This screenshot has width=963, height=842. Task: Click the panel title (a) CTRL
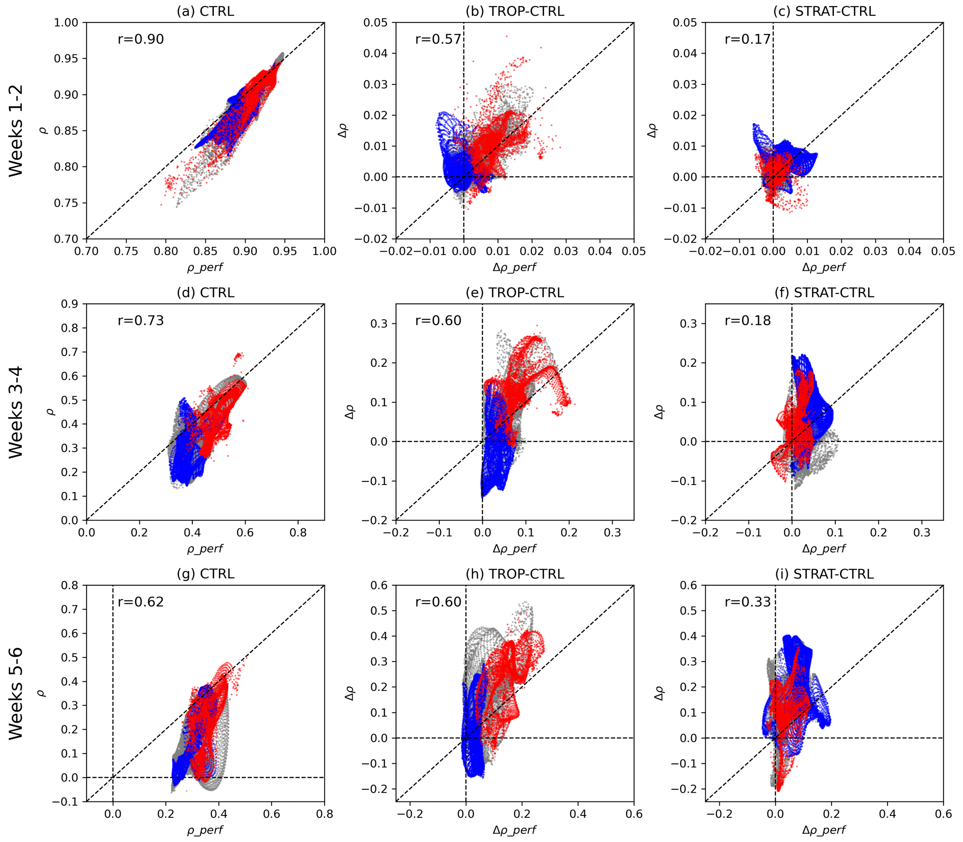205,11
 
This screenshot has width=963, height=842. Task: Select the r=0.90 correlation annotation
140,39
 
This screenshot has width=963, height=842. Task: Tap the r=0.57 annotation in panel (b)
438,39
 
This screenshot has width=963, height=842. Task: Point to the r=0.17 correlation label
748,39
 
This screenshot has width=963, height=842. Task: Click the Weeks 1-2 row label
16,130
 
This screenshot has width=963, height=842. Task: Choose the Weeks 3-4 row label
16,412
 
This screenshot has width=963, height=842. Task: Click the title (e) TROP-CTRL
515,293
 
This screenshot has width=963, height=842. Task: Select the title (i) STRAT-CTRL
825,574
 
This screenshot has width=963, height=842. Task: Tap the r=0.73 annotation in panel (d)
140,321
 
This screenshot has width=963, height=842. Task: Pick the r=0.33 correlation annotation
748,602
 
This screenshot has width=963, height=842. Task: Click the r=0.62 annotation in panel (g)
140,602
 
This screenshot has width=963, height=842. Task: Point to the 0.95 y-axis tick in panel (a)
66,59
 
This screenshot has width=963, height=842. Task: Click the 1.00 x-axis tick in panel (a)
325,251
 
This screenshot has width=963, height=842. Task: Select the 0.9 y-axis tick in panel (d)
69,304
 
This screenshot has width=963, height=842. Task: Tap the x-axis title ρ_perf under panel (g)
205,830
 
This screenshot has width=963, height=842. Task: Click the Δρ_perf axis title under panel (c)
824,267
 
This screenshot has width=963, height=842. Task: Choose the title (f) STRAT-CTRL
825,293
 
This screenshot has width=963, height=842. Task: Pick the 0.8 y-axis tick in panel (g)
69,585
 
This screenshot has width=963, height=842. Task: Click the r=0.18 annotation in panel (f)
748,321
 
